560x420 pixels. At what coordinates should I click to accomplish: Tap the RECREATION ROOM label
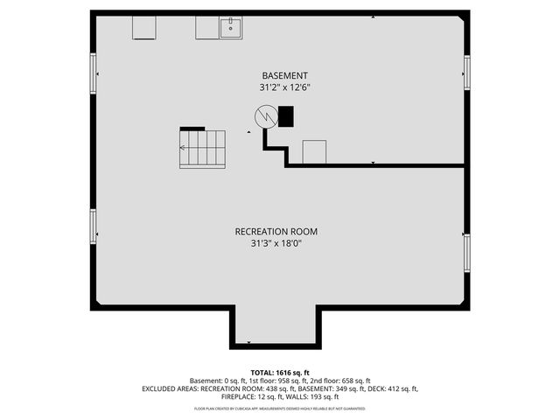pyautogui.click(x=276, y=232)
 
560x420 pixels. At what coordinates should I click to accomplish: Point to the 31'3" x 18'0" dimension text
pyautogui.click(x=276, y=245)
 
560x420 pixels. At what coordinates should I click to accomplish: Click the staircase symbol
pyautogui.click(x=202, y=148)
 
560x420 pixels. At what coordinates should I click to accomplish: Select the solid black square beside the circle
pyautogui.click(x=286, y=116)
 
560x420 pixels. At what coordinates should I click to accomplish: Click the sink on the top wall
pyautogui.click(x=231, y=27)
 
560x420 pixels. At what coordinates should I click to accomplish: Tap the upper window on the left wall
pyautogui.click(x=93, y=73)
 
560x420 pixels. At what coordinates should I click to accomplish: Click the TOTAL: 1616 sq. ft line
pyautogui.click(x=280, y=372)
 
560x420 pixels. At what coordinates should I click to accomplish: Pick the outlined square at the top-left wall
pyautogui.click(x=144, y=27)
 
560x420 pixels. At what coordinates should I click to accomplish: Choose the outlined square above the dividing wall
pyautogui.click(x=314, y=151)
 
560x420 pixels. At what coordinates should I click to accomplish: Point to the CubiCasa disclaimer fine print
pyautogui.click(x=280, y=408)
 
